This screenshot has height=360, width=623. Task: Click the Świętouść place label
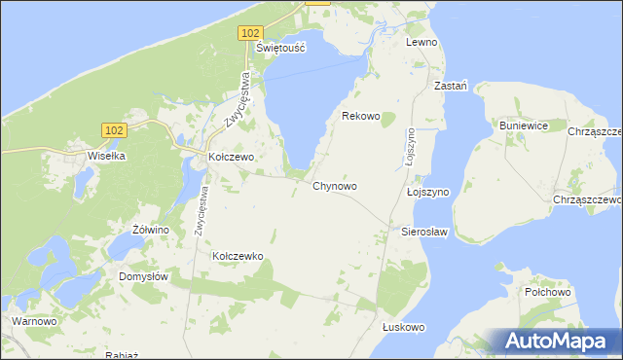click(x=280, y=47)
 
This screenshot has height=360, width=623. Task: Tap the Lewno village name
click(x=422, y=43)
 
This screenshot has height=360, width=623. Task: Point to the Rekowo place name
click(x=360, y=116)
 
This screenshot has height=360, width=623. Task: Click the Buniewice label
click(x=525, y=126)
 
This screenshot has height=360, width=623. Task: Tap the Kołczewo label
click(x=232, y=157)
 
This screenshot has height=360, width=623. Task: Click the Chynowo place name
click(x=335, y=186)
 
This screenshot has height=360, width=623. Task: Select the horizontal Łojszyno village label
click(x=427, y=193)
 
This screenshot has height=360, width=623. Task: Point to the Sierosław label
click(x=423, y=233)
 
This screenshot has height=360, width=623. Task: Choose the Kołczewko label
click(x=238, y=256)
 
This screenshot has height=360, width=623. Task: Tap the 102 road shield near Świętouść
click(x=248, y=33)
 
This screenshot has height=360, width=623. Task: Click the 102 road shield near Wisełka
click(x=114, y=129)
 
